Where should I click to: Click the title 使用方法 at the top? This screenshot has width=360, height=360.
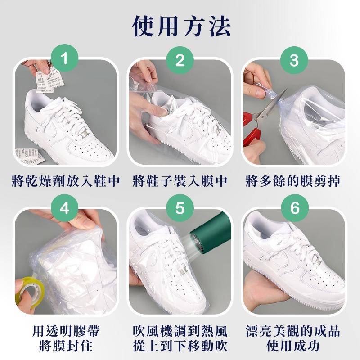click(x=181, y=26)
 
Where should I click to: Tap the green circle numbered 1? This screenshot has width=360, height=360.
click(x=64, y=58)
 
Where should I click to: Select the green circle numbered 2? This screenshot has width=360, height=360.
click(x=180, y=60)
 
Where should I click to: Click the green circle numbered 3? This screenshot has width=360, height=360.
click(x=294, y=60)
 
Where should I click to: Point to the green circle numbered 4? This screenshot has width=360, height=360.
click(x=64, y=208)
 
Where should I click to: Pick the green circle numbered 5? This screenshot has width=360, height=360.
click(x=180, y=208)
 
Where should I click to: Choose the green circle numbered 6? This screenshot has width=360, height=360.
click(x=295, y=208)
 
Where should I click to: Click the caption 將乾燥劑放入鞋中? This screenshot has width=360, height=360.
click(x=66, y=181)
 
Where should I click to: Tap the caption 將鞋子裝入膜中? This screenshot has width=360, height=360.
click(x=180, y=181)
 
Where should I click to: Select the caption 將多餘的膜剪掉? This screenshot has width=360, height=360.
click(x=293, y=181)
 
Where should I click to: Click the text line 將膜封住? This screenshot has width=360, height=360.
click(x=66, y=346)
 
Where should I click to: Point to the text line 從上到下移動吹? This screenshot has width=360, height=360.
click(x=180, y=346)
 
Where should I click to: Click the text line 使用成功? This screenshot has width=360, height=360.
click(x=293, y=346)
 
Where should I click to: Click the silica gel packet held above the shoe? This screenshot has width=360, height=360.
click(x=49, y=79)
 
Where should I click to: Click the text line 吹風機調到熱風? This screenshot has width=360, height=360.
click(x=180, y=331)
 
